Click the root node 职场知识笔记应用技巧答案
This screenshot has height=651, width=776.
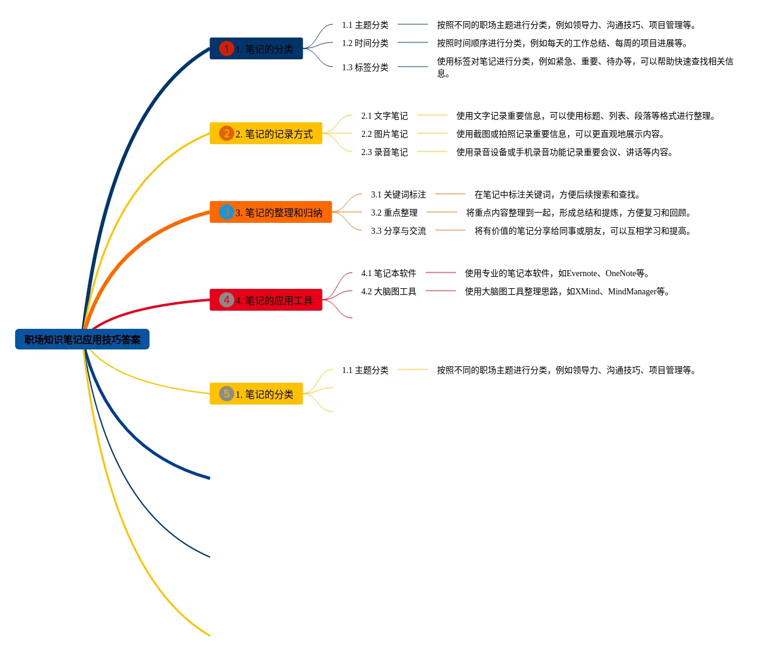pyautogui.click(x=82, y=340)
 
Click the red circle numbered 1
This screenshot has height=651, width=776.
pyautogui.click(x=226, y=48)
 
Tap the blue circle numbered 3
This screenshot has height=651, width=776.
pyautogui.click(x=226, y=212)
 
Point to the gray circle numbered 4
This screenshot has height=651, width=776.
pyautogui.click(x=226, y=300)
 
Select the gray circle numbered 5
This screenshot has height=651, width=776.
pyautogui.click(x=226, y=394)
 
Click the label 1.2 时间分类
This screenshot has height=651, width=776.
pyautogui.click(x=365, y=43)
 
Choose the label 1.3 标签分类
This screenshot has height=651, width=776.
pyautogui.click(x=365, y=67)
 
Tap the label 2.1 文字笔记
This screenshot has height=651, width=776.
pyautogui.click(x=384, y=116)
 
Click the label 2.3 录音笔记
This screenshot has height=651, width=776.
pyautogui.click(x=384, y=152)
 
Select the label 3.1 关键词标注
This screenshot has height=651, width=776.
pyautogui.click(x=398, y=194)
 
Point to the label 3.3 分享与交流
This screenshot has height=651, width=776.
pyautogui.click(x=398, y=231)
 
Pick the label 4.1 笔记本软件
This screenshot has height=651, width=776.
pyautogui.click(x=389, y=273)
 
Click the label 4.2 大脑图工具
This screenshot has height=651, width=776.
pyautogui.click(x=389, y=291)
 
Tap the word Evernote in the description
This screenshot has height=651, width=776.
pyautogui.click(x=582, y=273)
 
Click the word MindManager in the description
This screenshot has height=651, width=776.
pyautogui.click(x=632, y=291)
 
